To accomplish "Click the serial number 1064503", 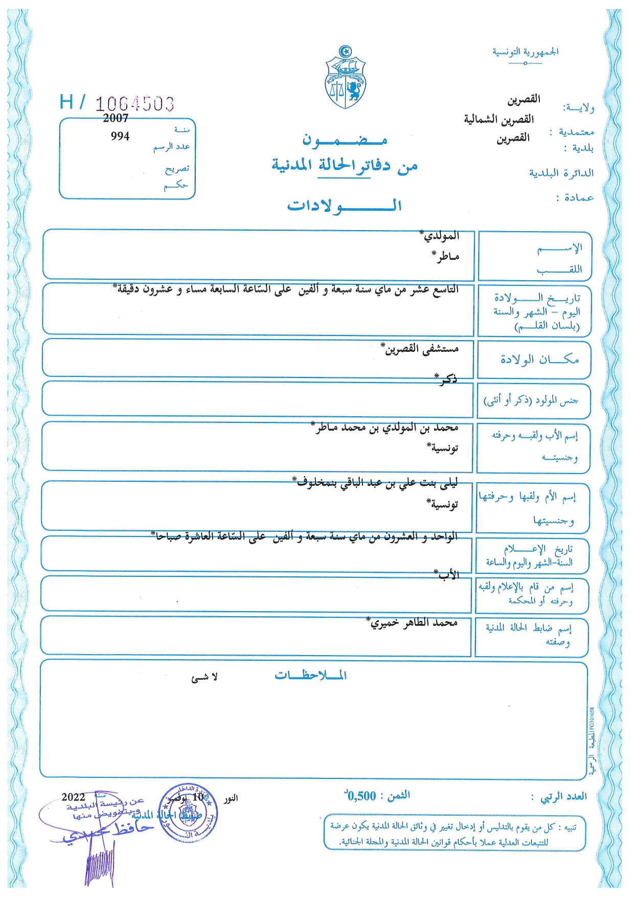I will [135, 104].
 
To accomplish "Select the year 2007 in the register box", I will [116, 118].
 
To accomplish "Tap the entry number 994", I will [120, 137].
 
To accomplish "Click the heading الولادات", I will [344, 206].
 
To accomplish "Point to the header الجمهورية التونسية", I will [525, 52].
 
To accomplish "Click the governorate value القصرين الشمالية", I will [499, 119].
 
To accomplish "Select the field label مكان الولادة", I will [539, 360].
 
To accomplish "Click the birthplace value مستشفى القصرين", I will [422, 349].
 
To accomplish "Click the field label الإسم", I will [559, 249].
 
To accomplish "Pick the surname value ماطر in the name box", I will [446, 256].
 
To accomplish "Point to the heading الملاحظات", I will [311, 675].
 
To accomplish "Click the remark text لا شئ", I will [205, 678].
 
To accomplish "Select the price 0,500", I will [361, 796].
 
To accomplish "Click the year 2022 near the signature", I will [73, 797].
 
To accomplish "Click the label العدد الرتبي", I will [564, 796].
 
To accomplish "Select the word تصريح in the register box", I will [177, 169].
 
